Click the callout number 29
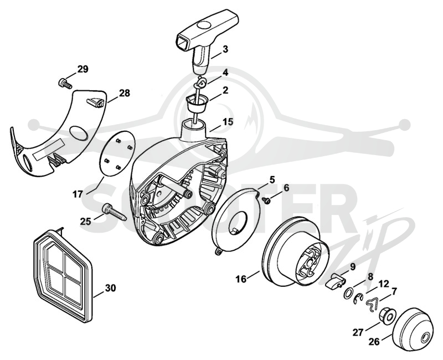coord(83,69)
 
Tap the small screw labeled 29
coord(65,84)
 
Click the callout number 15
coord(228,122)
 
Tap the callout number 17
coord(78,194)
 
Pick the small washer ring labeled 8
coord(348,292)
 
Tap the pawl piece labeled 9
coord(335,281)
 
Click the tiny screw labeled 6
coord(266,200)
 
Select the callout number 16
coord(241,279)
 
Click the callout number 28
coord(125,93)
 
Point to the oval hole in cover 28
coord(79,132)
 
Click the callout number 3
coord(225,49)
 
